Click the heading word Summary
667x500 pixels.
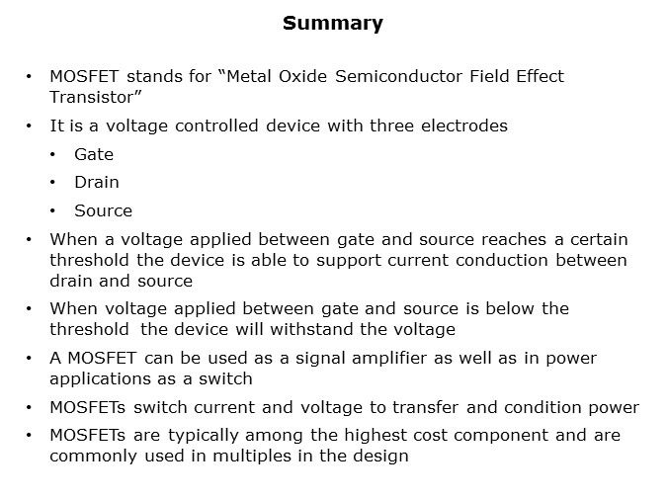(333, 24)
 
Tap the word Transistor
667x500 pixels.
(95, 98)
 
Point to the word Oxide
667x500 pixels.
(303, 77)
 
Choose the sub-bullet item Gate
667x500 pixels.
(94, 154)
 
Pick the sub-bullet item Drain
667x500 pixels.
(97, 182)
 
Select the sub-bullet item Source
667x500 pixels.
(104, 211)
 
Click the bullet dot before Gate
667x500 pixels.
(52, 155)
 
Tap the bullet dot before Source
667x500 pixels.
(52, 211)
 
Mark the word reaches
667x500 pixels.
(514, 239)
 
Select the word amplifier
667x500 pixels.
(389, 359)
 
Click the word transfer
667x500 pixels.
(425, 408)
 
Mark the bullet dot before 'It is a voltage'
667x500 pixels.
(29, 126)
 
